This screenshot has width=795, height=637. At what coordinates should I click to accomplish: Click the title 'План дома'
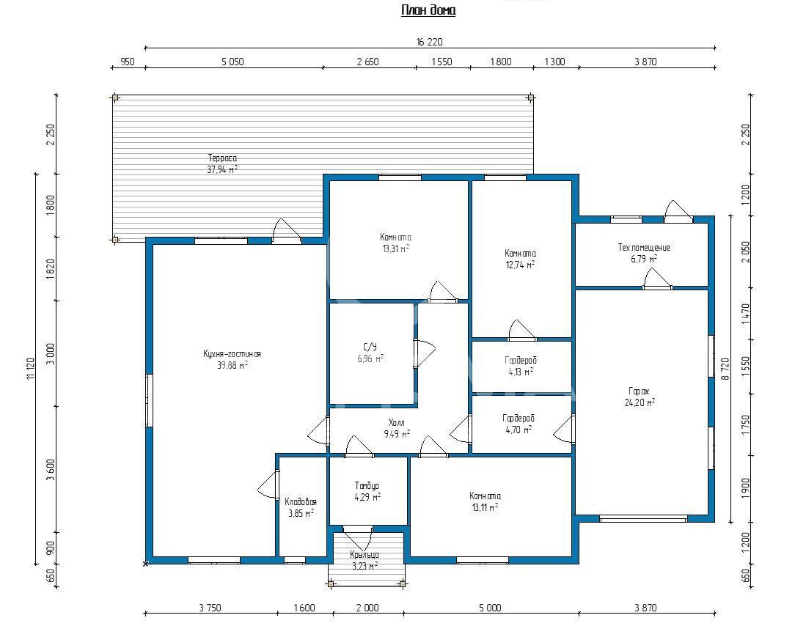[x=428, y=10]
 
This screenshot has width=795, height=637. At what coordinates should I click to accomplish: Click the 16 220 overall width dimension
[x=430, y=42]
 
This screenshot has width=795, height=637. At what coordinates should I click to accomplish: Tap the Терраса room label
[x=222, y=158]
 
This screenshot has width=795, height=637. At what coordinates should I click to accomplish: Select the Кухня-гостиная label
[x=232, y=354]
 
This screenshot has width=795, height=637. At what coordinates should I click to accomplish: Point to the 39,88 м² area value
[x=232, y=365]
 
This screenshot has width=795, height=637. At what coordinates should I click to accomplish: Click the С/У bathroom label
[x=370, y=347]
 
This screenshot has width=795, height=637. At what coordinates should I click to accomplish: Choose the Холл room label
[x=397, y=423]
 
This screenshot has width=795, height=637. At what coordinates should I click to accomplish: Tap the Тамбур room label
[x=367, y=486]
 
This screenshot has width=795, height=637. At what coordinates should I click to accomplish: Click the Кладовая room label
[x=301, y=501]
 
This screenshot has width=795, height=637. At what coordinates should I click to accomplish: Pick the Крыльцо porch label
[x=364, y=555]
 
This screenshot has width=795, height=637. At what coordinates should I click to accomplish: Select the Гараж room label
[x=639, y=391]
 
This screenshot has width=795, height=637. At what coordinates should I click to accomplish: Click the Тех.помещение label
[x=644, y=247]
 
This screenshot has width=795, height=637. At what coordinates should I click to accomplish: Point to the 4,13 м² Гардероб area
[x=521, y=372]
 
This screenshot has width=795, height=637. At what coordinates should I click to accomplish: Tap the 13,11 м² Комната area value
[x=485, y=507]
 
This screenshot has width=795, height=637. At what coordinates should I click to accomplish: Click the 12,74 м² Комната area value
[x=520, y=265]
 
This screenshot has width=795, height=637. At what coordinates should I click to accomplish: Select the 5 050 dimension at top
[x=232, y=62]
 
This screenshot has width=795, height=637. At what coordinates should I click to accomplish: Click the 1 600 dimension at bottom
[x=304, y=608]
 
